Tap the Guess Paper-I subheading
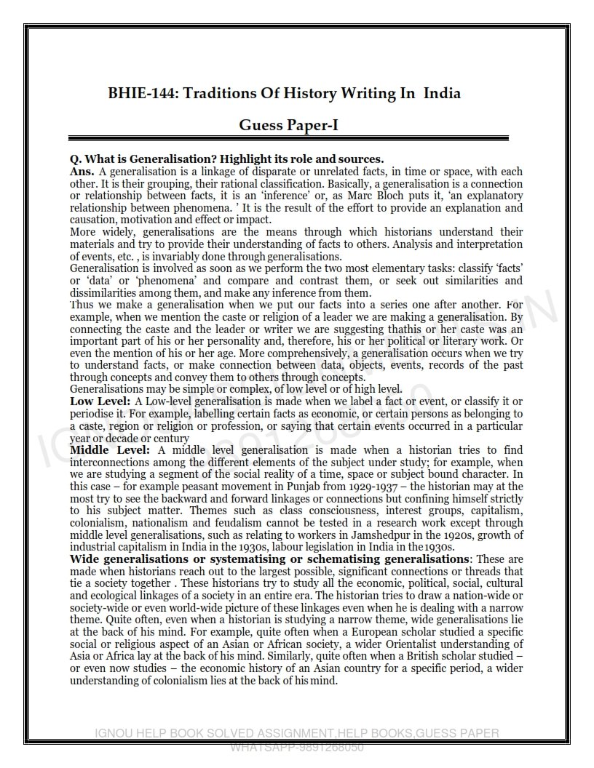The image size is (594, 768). coord(288,126)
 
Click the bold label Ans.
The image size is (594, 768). coord(82,172)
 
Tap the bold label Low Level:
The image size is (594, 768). coord(100,401)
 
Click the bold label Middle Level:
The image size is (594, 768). coord(109,450)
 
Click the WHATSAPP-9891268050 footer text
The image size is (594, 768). coord(297,747)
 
